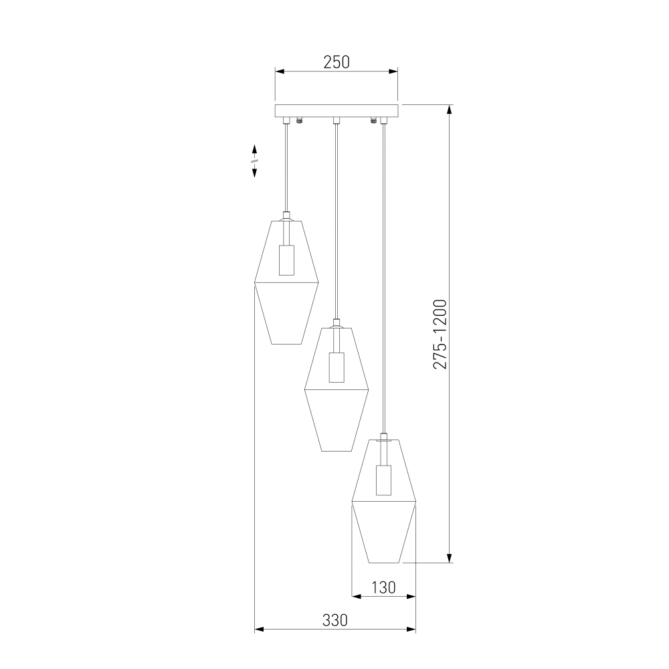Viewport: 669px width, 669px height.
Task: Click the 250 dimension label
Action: pos(337,62)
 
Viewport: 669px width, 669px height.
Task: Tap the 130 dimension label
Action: pos(383,587)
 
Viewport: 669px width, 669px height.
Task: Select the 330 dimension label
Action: pos(335,620)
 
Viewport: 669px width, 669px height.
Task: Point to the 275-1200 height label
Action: pos(440,334)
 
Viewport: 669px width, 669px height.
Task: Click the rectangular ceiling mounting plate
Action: pos(337,110)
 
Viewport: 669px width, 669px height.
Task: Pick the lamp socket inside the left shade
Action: pos(287,260)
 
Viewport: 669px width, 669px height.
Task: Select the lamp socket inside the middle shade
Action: pos(337,367)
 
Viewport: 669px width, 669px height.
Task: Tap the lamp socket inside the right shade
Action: pos(384,480)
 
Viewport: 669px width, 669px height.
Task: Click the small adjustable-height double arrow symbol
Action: pos(255,161)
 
